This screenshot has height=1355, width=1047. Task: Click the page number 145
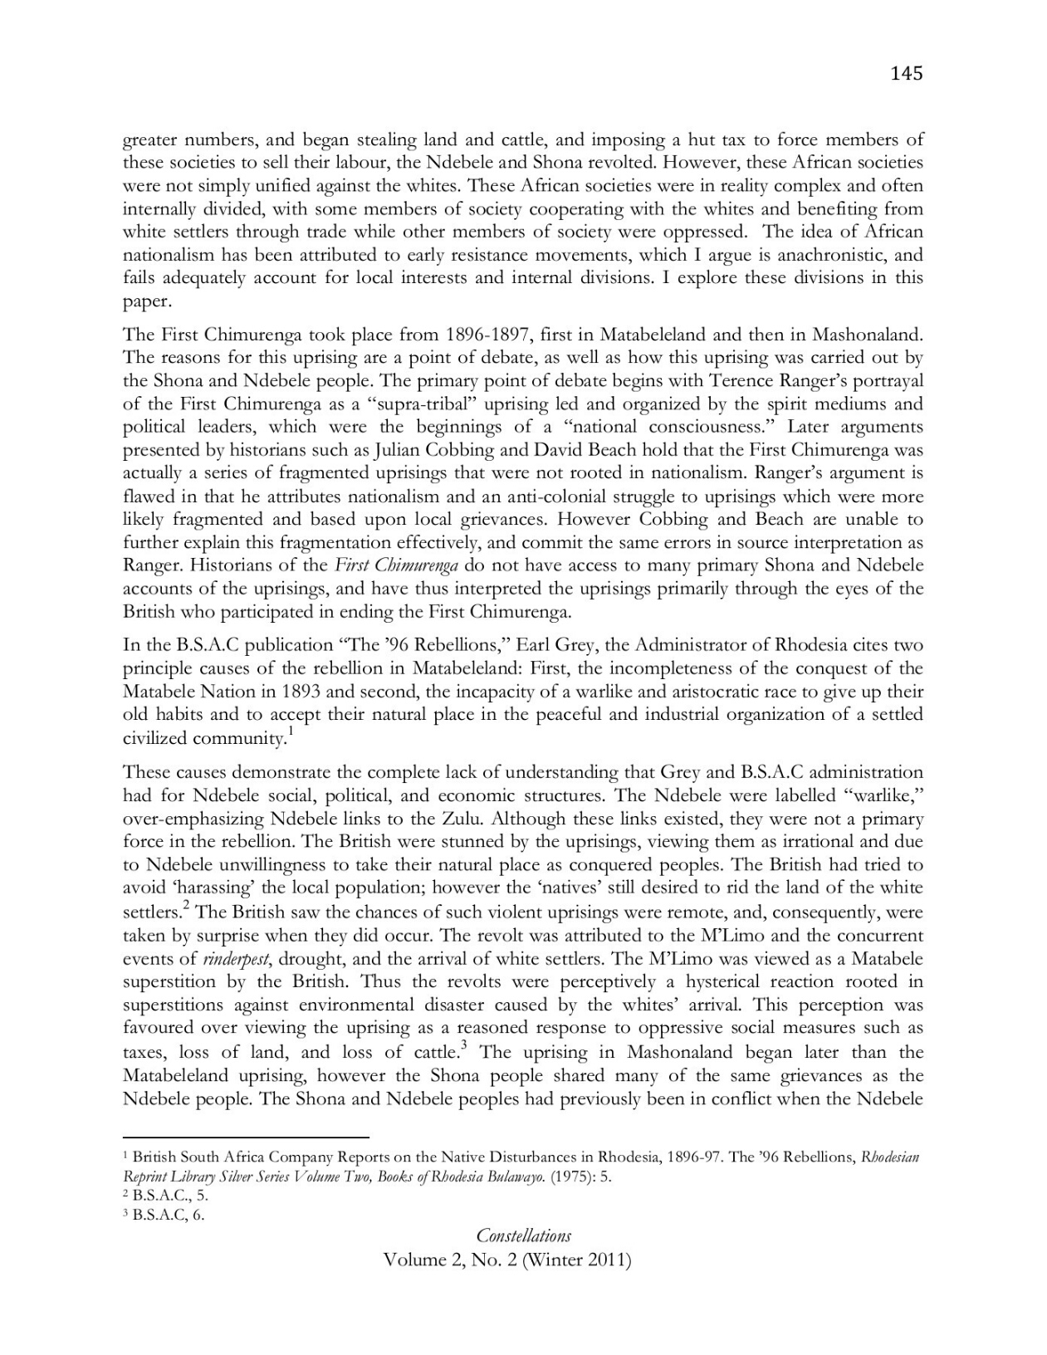pyautogui.click(x=906, y=74)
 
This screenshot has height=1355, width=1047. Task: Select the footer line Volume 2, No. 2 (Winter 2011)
pyautogui.click(x=507, y=1260)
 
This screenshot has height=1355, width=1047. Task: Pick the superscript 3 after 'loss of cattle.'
pyautogui.click(x=462, y=1045)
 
